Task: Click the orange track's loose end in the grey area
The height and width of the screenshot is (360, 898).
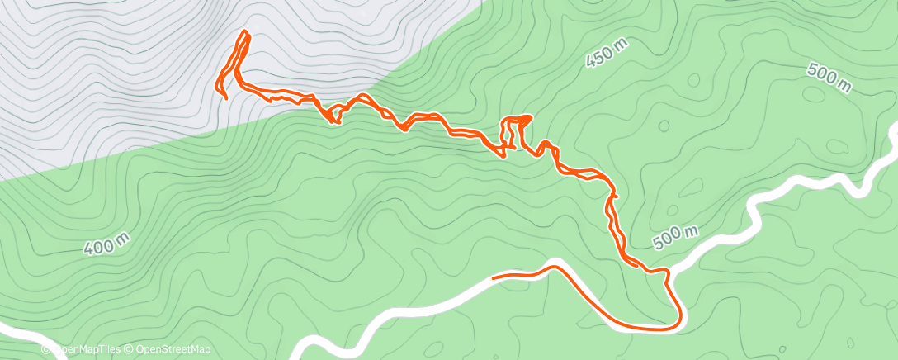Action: (225, 98)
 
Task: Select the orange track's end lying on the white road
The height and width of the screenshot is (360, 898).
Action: (494, 277)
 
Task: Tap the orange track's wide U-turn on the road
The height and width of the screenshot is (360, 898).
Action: (678, 318)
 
